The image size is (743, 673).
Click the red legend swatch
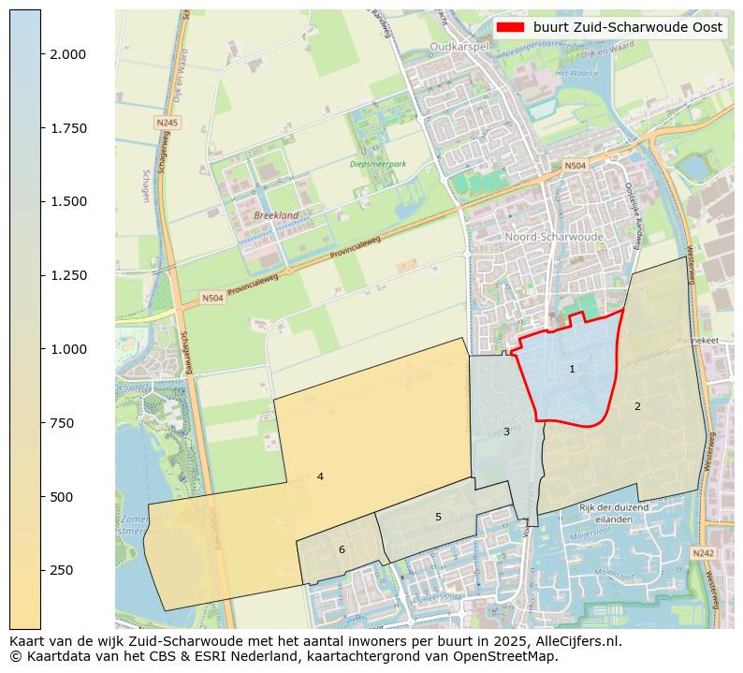[511, 27]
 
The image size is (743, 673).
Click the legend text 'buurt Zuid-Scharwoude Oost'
[628, 27]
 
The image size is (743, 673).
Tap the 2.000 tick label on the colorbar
[69, 54]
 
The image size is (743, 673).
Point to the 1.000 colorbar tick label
[69, 349]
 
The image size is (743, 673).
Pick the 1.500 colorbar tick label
[69, 201]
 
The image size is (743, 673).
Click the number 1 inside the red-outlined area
[572, 370]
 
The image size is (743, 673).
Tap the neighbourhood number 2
[637, 406]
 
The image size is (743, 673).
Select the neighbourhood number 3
[506, 432]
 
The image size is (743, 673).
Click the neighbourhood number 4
[320, 476]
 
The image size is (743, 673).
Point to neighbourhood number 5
[438, 517]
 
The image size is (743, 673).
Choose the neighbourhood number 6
[342, 549]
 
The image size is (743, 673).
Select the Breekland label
[276, 215]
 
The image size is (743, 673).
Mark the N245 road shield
[167, 123]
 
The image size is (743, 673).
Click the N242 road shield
[703, 553]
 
